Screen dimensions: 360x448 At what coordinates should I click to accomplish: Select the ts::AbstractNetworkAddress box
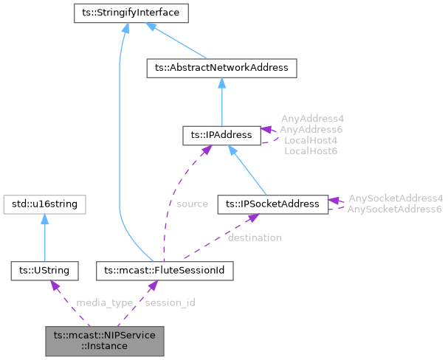click(x=222, y=68)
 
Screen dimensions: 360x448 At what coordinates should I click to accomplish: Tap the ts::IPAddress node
click(x=222, y=135)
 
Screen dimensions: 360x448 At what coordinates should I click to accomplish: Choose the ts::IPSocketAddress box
click(x=272, y=203)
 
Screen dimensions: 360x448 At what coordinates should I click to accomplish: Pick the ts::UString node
click(x=45, y=271)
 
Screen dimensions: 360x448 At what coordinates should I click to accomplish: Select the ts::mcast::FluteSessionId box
click(x=165, y=271)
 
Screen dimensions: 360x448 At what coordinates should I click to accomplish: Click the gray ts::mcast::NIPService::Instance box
click(x=104, y=340)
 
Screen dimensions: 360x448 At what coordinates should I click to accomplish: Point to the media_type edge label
click(x=105, y=302)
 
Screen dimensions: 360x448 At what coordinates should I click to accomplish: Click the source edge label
click(x=192, y=204)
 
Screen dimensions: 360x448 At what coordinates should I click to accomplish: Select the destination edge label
click(x=254, y=238)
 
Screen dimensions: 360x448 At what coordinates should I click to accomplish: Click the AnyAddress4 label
click(x=312, y=118)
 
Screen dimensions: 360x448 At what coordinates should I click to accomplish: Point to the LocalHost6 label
click(x=311, y=150)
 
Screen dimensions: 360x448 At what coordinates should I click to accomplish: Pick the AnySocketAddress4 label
click(x=396, y=198)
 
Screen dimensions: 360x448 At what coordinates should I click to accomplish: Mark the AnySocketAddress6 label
click(x=396, y=209)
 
